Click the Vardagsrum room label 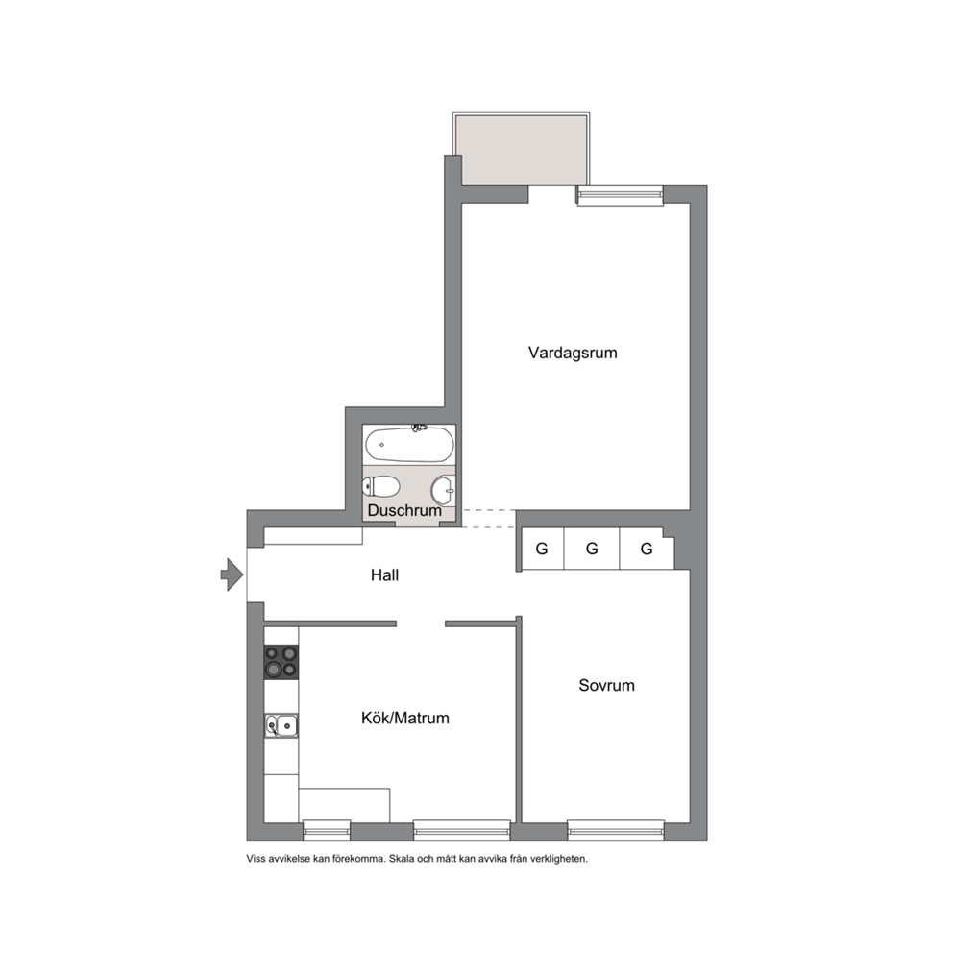tap(573, 353)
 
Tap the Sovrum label tap(606, 685)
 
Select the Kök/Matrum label tap(404, 718)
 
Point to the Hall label tap(384, 574)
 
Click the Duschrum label tap(404, 510)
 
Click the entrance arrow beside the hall tap(232, 574)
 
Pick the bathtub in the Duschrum tap(409, 444)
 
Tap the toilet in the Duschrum tap(381, 486)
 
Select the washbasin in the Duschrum tap(443, 490)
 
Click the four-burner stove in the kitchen tap(281, 662)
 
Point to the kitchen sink tap(281, 725)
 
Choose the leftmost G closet tap(543, 549)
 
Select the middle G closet tap(592, 549)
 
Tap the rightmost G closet tap(647, 549)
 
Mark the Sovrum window tap(616, 830)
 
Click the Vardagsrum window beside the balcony tap(620, 195)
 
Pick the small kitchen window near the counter tap(327, 830)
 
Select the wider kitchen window tap(462, 830)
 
